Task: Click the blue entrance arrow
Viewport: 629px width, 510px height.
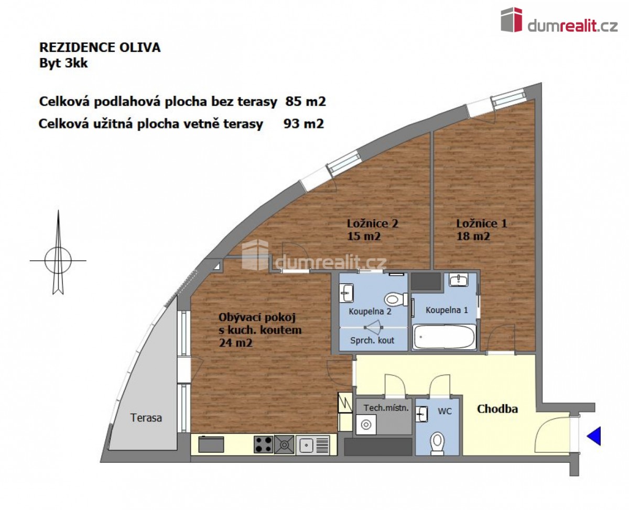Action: tap(594, 436)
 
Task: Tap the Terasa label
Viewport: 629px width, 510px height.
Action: tap(146, 418)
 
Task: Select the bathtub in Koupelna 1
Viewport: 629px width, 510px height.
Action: tap(444, 337)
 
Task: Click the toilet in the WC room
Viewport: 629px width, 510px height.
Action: tap(437, 444)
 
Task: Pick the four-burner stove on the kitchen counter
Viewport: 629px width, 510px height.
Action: tap(264, 445)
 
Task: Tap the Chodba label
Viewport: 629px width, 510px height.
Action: tap(497, 409)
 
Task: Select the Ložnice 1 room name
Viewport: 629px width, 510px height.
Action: tap(481, 223)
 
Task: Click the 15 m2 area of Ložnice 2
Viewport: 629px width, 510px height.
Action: tap(364, 236)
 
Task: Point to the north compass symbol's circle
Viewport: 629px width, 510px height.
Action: tap(58, 260)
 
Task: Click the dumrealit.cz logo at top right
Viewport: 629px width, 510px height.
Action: tap(559, 20)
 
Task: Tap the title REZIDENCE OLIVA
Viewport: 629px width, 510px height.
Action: tap(100, 48)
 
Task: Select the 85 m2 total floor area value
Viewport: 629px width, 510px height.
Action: tap(306, 102)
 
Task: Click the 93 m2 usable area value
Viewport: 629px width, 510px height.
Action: tap(303, 124)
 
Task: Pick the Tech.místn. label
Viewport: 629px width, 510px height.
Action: tap(386, 408)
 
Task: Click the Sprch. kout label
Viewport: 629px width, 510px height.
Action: tap(372, 340)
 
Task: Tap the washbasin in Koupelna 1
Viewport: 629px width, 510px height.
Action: tap(459, 279)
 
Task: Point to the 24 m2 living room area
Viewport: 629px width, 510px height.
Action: tap(235, 343)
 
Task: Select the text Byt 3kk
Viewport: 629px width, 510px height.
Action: tap(63, 63)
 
